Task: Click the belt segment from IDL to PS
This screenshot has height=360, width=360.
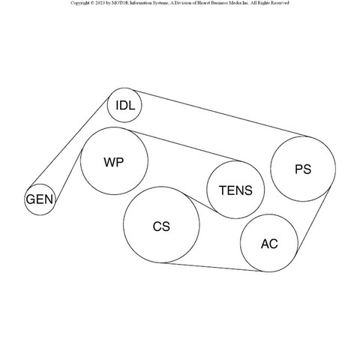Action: [x=220, y=113]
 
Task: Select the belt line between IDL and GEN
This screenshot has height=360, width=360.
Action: [x=69, y=142]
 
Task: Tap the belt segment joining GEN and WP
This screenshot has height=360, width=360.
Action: [x=69, y=175]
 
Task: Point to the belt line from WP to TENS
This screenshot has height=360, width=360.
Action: [x=184, y=145]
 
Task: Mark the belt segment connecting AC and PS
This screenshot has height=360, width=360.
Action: [x=313, y=220]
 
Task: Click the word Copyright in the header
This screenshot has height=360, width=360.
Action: [x=79, y=3]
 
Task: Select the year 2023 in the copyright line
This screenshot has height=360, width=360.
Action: [x=100, y=3]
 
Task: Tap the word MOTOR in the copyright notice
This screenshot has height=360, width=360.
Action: [x=120, y=3]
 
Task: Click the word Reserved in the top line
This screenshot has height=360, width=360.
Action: [x=280, y=3]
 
